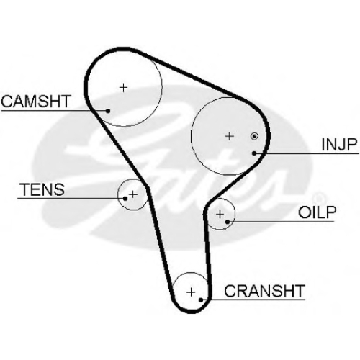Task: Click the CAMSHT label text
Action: [x=36, y=102]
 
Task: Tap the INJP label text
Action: [x=339, y=144]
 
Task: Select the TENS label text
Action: [x=42, y=189]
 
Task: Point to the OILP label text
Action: [x=317, y=212]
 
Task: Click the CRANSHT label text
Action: [x=264, y=291]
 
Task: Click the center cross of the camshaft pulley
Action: [x=123, y=88]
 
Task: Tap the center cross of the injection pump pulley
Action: [x=230, y=136]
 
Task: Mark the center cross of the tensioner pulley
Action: [x=133, y=194]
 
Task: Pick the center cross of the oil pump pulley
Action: [x=220, y=214]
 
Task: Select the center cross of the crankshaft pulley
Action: [x=191, y=292]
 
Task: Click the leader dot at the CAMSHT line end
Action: [x=108, y=111]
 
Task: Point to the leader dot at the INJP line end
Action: [x=254, y=153]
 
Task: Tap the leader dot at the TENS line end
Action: [x=125, y=199]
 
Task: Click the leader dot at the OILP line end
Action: [x=228, y=222]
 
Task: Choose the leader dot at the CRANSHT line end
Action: [x=201, y=300]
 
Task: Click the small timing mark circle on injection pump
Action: [x=254, y=136]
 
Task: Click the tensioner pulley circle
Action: [x=117, y=194]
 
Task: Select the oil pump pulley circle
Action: [x=235, y=214]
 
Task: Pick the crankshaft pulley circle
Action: [x=191, y=273]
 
